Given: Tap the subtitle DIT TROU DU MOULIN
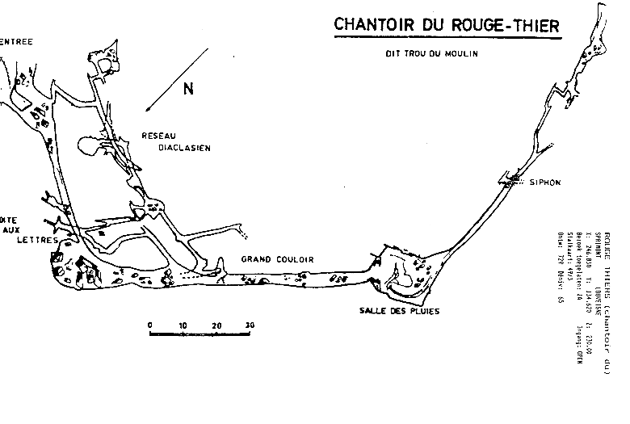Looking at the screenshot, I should (x=431, y=54).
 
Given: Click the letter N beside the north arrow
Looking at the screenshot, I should (x=189, y=90).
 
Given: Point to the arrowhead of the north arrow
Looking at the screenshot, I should (x=146, y=110).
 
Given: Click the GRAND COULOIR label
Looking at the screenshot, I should (x=277, y=259).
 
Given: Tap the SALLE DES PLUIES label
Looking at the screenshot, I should (x=400, y=310).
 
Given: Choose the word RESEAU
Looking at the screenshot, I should (x=158, y=135).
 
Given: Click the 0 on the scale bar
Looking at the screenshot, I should (x=150, y=325).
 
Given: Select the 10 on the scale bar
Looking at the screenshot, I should (x=183, y=325).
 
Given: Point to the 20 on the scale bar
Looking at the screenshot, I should (x=216, y=325).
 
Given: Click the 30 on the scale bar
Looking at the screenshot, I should (x=249, y=325).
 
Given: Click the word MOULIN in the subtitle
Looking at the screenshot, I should (x=464, y=54).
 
